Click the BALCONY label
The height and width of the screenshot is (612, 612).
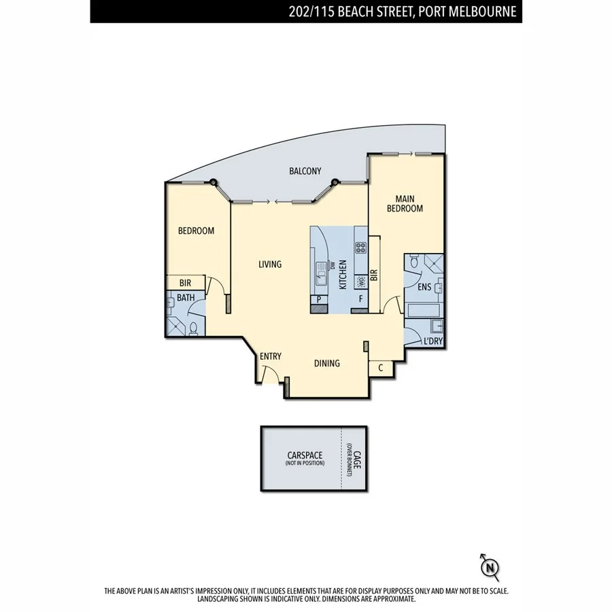pyautogui.click(x=305, y=171)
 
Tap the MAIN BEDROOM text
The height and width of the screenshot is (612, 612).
pyautogui.click(x=405, y=203)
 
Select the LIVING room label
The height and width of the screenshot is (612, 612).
pyautogui.click(x=270, y=265)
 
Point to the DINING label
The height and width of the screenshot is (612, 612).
pyautogui.click(x=326, y=363)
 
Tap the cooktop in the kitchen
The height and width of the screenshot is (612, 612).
pyautogui.click(x=360, y=248)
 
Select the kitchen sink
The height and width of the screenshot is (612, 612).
pyautogui.click(x=321, y=275)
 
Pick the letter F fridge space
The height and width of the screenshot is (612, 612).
pyautogui.click(x=360, y=299)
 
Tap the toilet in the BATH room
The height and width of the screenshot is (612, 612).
pyautogui.click(x=194, y=329)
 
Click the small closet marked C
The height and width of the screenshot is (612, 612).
pyautogui.click(x=381, y=368)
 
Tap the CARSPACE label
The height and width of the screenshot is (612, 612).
pyautogui.click(x=305, y=456)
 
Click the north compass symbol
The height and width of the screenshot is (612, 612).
pyautogui.click(x=489, y=566)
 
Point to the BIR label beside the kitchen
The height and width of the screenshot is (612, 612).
pyautogui.click(x=373, y=275)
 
